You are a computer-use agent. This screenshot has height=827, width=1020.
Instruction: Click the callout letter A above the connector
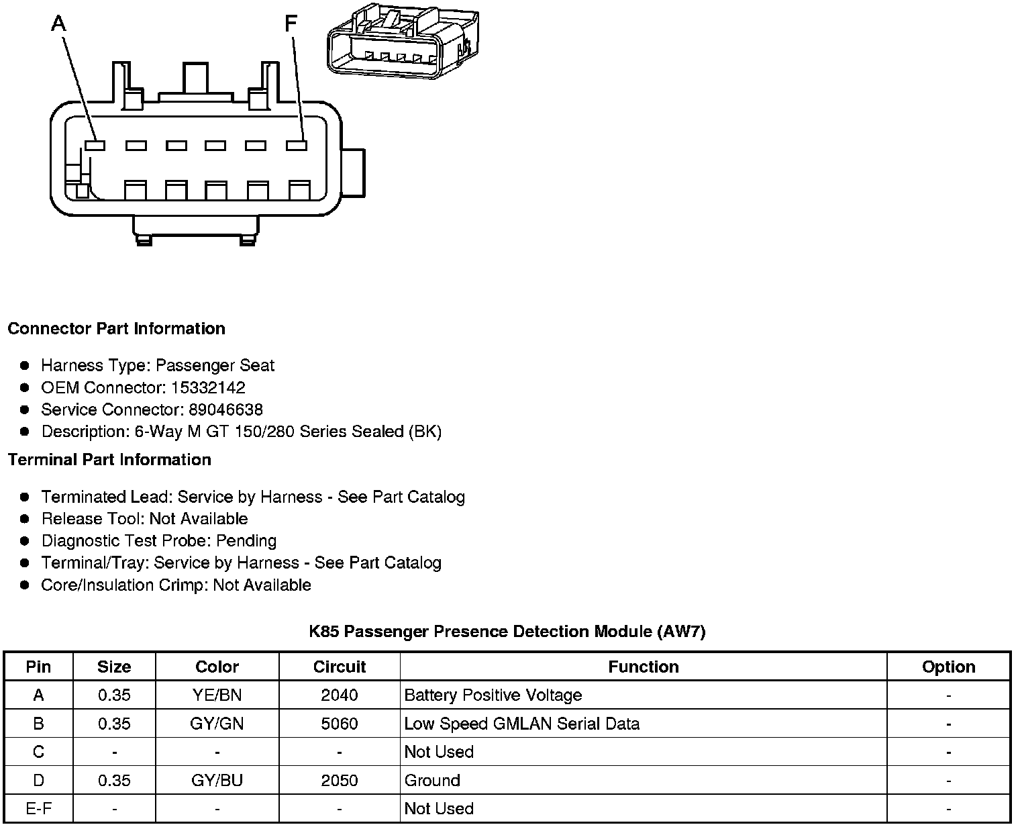point(59,24)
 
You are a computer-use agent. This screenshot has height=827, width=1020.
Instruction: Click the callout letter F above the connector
point(291,24)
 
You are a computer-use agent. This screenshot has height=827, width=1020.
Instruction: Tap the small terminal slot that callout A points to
point(95,145)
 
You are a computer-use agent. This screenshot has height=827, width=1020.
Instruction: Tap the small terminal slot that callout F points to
point(296,145)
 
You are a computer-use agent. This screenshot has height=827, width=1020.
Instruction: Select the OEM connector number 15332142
point(209,388)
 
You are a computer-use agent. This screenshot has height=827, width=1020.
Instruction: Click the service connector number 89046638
point(225,409)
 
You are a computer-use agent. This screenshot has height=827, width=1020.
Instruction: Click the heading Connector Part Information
point(116,329)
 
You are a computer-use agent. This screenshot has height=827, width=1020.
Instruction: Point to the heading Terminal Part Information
point(109,460)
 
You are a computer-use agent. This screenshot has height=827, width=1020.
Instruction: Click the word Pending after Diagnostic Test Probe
point(246,541)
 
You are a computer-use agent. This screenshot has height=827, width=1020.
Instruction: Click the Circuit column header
point(339,667)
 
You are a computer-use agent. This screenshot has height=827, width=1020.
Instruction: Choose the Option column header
point(948,667)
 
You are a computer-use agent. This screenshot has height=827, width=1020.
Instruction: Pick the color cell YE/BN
point(217,695)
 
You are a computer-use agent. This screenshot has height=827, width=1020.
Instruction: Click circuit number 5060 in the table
point(339,724)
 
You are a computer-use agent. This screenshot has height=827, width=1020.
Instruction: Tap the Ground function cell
point(432,781)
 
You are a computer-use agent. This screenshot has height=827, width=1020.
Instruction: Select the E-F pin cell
point(38,809)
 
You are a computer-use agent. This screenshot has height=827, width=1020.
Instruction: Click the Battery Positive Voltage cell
point(493,695)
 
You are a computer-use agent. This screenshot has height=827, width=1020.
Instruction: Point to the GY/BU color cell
point(217,781)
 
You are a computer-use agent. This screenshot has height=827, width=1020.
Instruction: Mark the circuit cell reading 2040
point(339,695)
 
